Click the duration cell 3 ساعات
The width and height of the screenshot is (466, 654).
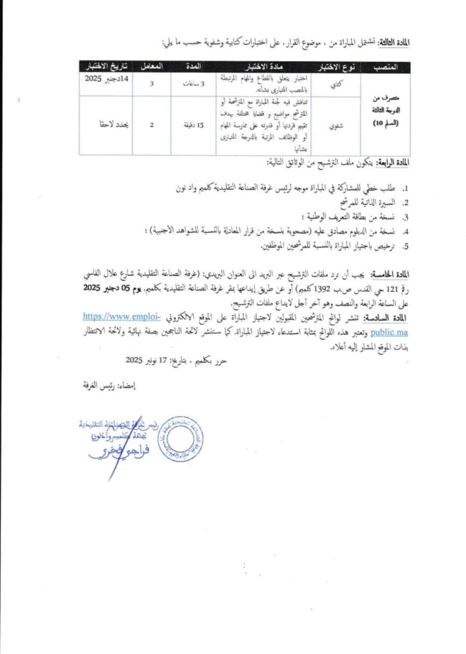196,84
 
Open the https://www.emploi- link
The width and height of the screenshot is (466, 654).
123,317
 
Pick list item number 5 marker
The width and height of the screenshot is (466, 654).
406,246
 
